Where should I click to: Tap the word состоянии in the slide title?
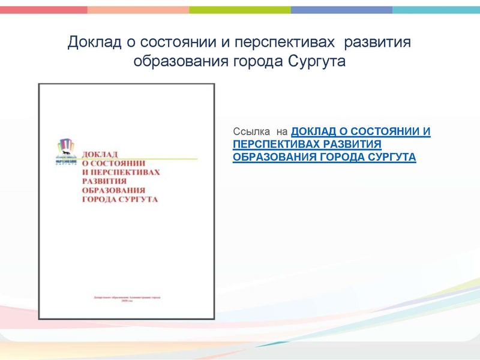[169, 43]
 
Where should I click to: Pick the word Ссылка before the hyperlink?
[251, 131]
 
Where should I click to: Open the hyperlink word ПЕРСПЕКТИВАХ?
[276, 144]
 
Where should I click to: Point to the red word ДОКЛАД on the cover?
[100, 153]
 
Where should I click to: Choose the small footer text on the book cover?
[128, 298]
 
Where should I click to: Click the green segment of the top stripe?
[240, 10]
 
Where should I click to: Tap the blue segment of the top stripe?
[342, 10]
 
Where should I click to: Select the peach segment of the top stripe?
[138, 10]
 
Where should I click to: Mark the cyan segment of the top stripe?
[436, 10]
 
